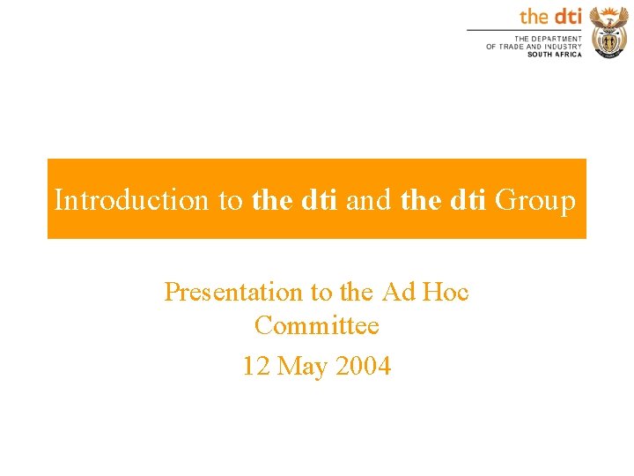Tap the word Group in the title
point(535,201)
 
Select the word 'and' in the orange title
point(370,201)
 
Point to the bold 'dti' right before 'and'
point(320,201)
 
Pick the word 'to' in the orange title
point(231,201)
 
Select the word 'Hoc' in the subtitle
point(446,291)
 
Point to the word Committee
point(317,325)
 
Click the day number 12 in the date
point(256,365)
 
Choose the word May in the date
point(303,366)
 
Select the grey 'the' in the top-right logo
point(534,16)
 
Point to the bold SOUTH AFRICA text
point(555,55)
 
